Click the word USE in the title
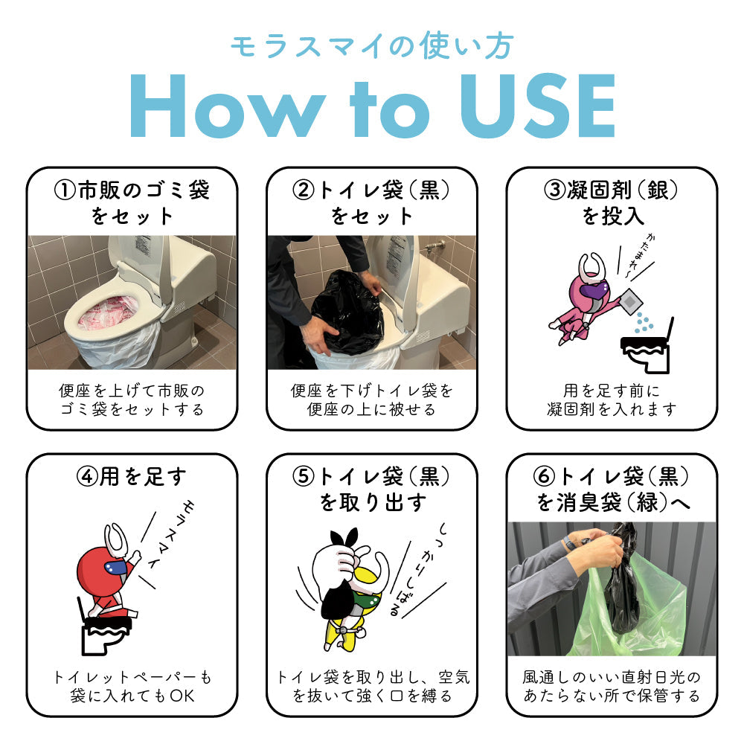click(x=538, y=106)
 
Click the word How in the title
click(x=228, y=106)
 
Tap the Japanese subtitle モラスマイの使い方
click(x=372, y=46)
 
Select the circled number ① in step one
click(x=65, y=190)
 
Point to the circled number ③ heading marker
click(x=555, y=190)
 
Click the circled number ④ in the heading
click(x=87, y=476)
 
